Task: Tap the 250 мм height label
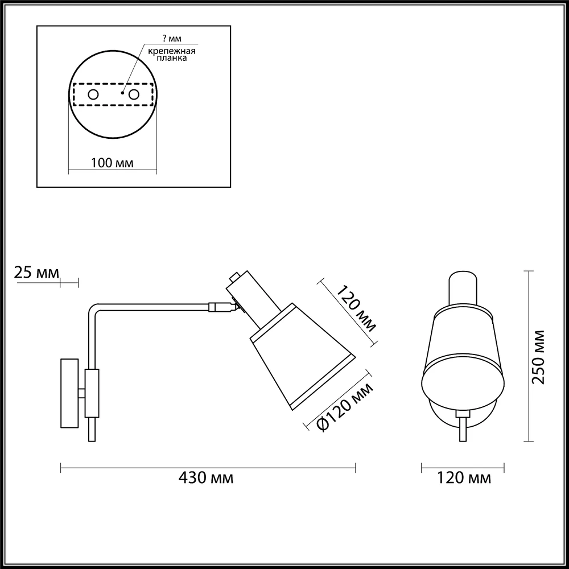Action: [x=538, y=357]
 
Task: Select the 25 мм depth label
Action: [x=36, y=272]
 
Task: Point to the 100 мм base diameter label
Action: [x=112, y=163]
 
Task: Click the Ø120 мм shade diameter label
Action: [x=344, y=407]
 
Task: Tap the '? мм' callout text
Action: [x=172, y=39]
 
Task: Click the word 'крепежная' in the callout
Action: [x=172, y=51]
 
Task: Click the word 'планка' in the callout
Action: [x=172, y=58]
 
